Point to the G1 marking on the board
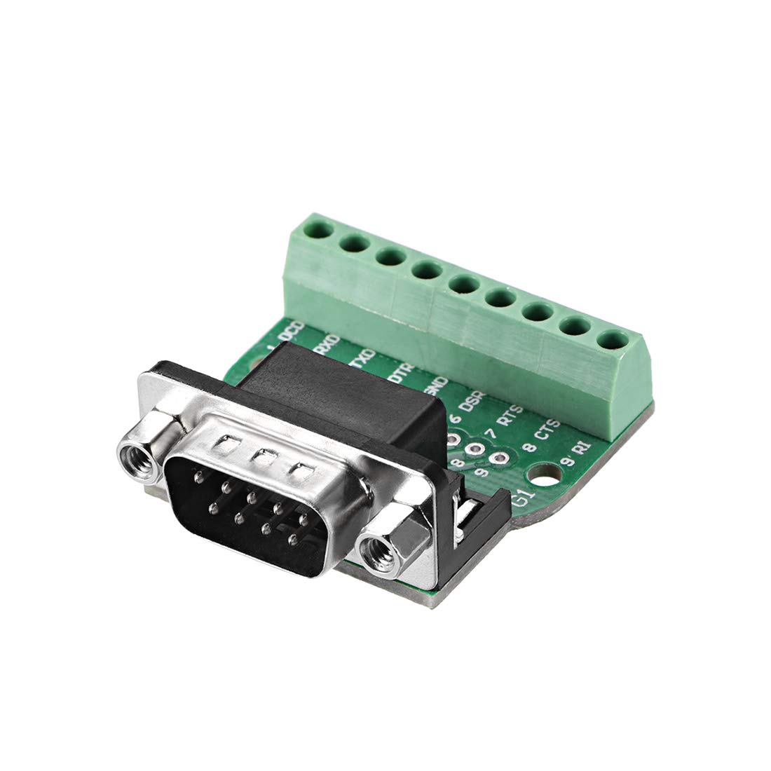522,500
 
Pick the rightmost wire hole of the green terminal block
611,340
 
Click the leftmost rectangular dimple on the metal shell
227,443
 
